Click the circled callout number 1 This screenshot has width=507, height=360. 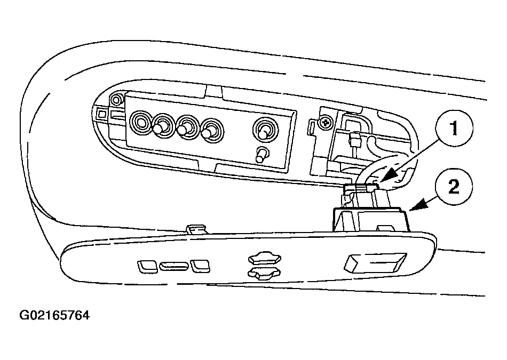(454, 129)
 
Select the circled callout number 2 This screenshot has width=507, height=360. (454, 187)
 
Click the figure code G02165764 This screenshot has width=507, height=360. (54, 315)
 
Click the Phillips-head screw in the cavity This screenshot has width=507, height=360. (326, 123)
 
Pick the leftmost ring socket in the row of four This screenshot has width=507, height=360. (141, 123)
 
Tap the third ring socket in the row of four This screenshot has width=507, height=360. (187, 127)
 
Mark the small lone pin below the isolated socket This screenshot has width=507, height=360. (262, 155)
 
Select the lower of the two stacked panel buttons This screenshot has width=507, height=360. (264, 274)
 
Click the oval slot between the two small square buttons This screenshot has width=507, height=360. (173, 266)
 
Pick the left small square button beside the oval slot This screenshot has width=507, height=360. (147, 266)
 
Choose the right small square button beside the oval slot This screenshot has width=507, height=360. (200, 266)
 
